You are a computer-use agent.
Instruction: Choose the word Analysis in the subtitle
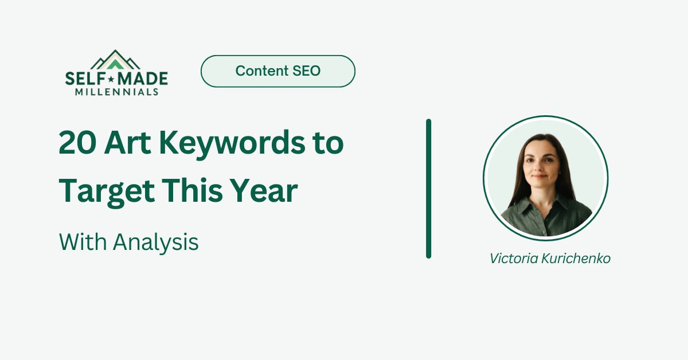pos(155,242)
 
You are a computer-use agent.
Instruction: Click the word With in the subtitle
pos(83,242)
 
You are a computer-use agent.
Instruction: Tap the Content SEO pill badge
pos(278,71)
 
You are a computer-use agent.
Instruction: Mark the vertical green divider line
pos(428,189)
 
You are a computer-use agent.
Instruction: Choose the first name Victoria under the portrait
pos(514,259)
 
